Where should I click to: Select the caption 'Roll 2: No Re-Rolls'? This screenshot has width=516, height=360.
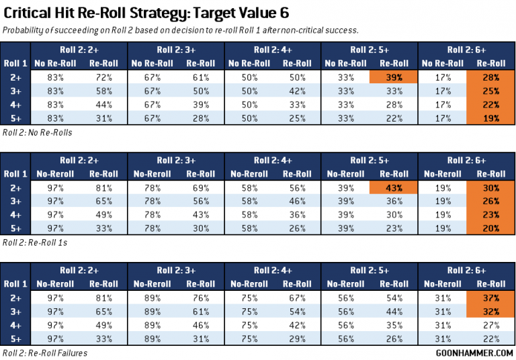pyautogui.click(x=38, y=132)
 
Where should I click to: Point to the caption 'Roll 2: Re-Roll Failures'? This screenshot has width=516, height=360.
pyautogui.click(x=44, y=351)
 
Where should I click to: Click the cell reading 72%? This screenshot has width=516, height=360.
pyautogui.click(x=101, y=77)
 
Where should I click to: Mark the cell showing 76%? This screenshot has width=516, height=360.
pyautogui.click(x=198, y=298)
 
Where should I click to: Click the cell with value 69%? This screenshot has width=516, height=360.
pyautogui.click(x=198, y=189)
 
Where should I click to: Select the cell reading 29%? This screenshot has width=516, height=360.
pyautogui.click(x=294, y=338)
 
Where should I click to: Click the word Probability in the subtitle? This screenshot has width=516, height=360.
pyautogui.click(x=26, y=30)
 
